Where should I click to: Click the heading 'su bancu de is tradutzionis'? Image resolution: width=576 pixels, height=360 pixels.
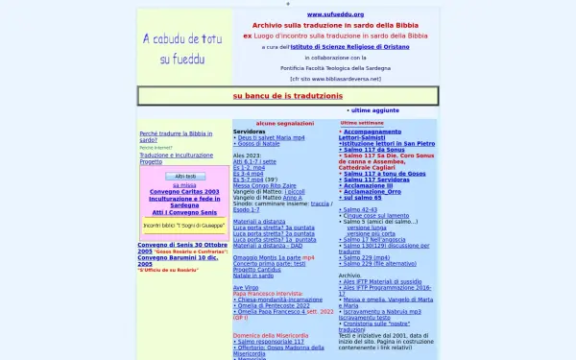tap(288, 96)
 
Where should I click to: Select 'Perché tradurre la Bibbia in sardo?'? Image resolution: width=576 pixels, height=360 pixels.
tap(176, 136)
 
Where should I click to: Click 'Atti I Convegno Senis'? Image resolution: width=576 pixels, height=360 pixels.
tap(182, 211)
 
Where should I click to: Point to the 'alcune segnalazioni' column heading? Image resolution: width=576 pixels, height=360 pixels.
tap(284, 123)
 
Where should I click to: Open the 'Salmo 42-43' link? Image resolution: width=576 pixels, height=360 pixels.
tap(360, 208)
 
